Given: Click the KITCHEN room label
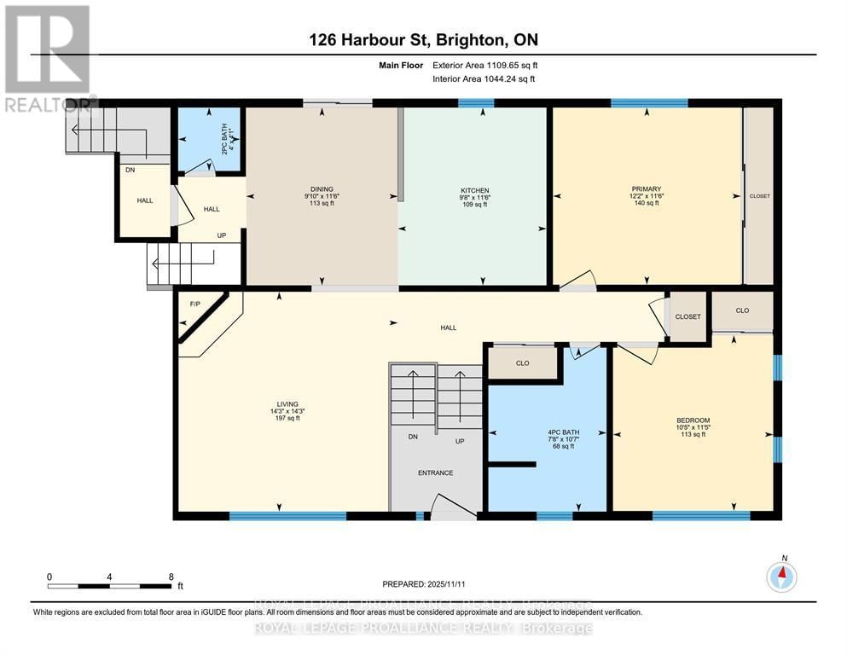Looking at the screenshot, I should coord(473,190).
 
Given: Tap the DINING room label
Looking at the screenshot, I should coord(322,189).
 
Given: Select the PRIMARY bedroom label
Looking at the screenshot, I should coord(646,188).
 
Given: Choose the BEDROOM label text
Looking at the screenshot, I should coord(693,420).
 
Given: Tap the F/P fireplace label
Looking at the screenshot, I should coord(194,304).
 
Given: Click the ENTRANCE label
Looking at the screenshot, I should coord(435,472).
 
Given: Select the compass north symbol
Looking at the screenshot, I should coord(781,577).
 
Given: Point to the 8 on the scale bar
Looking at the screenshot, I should coord(171,577).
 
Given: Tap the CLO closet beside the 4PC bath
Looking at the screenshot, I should coord(522,362).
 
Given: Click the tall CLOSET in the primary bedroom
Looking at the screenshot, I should coord(759,196).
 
